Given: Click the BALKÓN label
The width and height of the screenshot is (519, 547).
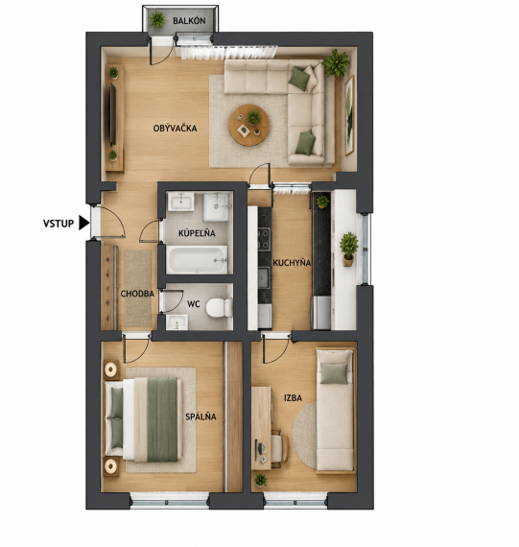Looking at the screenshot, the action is click(x=189, y=21).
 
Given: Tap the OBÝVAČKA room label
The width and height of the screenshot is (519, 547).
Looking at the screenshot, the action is click(x=176, y=129).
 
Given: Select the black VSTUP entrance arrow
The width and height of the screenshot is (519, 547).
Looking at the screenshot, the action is click(x=83, y=223).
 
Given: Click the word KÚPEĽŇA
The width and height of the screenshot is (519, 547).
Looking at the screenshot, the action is click(x=197, y=233).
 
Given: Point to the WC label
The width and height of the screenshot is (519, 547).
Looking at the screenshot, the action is click(x=194, y=304).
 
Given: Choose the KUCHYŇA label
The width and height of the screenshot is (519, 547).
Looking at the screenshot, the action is click(x=292, y=263).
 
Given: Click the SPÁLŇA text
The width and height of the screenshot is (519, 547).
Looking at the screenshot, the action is click(x=201, y=416).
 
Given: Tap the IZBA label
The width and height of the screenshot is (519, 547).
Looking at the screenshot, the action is click(x=293, y=398).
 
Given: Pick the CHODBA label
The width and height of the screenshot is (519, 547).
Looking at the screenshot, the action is click(x=137, y=294).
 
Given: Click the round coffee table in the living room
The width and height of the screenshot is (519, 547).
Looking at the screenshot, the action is click(x=249, y=125).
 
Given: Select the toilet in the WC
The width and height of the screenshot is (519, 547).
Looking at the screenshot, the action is click(x=219, y=308).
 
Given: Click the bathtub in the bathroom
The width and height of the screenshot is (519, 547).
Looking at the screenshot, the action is click(x=197, y=259).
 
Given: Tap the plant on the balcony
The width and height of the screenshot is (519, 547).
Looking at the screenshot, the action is click(x=157, y=19).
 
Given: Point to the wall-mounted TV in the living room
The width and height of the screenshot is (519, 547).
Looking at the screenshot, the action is click(x=112, y=114).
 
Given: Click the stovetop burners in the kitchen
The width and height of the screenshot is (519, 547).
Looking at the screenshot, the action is click(x=264, y=239).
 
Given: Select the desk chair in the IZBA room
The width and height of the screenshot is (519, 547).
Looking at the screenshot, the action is click(x=279, y=448).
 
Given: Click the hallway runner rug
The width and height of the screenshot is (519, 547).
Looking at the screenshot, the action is click(x=138, y=289).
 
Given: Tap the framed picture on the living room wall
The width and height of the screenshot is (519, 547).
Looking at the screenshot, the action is click(x=349, y=115).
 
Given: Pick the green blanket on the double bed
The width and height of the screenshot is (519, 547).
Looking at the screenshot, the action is click(x=162, y=419).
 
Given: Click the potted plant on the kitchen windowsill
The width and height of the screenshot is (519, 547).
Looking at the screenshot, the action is click(x=348, y=250).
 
